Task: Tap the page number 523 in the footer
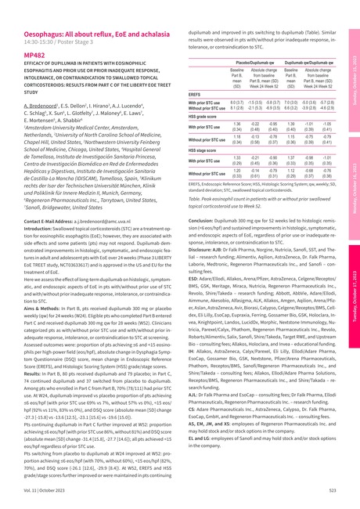pos(333,488)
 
